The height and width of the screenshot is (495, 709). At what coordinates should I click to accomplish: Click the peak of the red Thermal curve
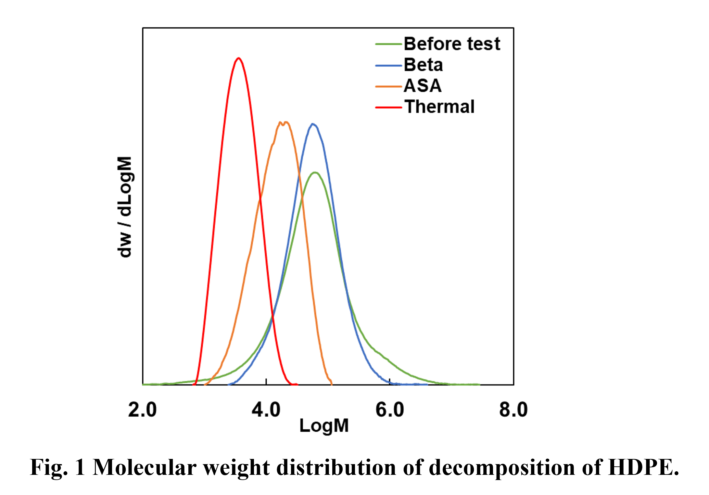coord(239,59)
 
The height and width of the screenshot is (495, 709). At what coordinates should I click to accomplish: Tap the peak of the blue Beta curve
coord(313,124)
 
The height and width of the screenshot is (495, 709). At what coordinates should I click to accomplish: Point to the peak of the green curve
coord(315,172)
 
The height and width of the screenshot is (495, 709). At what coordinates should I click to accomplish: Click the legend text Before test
coord(452,44)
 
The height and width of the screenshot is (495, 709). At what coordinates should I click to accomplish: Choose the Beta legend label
coord(423,65)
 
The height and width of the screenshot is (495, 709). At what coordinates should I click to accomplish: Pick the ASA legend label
coord(423,86)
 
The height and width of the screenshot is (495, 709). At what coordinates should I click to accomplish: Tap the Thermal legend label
coord(439,107)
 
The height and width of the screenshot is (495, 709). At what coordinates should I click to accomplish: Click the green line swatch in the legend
coord(388,44)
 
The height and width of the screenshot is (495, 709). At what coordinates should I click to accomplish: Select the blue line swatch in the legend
coord(388,65)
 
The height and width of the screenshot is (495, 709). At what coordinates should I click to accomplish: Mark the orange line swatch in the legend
coord(388,86)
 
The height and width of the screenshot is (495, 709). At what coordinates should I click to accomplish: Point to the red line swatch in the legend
coord(388,107)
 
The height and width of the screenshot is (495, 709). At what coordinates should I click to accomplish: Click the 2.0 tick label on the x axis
coord(142,410)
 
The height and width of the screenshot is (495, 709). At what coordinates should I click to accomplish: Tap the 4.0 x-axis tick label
coord(266,410)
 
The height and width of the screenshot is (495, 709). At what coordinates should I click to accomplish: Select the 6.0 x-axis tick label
coord(390,410)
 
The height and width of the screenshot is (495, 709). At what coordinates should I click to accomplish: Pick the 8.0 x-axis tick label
coord(513,410)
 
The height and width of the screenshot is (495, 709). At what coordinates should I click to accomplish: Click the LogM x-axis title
coord(324,426)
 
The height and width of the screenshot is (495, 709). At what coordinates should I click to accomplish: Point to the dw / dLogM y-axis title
coord(125,207)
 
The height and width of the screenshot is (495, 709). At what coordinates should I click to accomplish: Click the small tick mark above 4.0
coord(266,381)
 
